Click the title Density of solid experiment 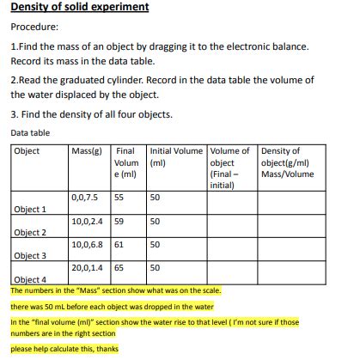80,7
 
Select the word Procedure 34,27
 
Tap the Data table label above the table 30,133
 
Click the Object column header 27,151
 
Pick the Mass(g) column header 87,151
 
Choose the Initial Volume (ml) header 176,156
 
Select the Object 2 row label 31,233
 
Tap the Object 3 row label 31,256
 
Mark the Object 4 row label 31,280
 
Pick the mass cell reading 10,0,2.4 87,221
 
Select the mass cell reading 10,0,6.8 87,244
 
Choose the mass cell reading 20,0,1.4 87,267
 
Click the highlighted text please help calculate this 64,349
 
